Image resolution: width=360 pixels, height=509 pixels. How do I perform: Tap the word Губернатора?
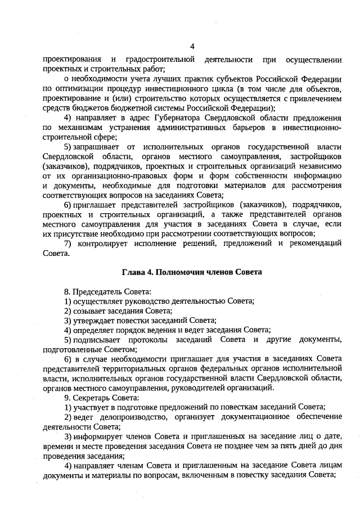[x=180, y=117]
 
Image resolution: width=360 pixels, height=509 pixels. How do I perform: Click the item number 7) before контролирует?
[x=69, y=243]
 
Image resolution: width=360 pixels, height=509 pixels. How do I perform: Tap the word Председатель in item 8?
[x=100, y=291]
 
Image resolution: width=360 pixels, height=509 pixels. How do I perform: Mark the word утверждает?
[x=92, y=320]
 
